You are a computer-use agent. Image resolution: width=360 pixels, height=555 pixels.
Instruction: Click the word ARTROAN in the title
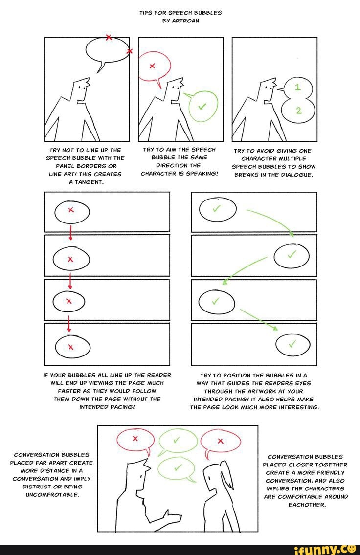point(186,21)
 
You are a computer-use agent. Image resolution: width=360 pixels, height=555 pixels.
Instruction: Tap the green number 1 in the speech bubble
point(298,88)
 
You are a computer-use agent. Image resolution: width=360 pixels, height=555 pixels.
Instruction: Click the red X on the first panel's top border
point(109,37)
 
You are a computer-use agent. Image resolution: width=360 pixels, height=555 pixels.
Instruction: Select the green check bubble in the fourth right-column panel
point(292,346)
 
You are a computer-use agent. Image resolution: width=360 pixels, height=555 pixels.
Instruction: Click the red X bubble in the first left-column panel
point(71,210)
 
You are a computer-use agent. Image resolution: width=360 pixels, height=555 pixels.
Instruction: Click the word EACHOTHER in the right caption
point(305,504)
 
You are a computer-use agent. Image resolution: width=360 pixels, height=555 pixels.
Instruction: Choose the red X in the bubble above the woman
point(220,441)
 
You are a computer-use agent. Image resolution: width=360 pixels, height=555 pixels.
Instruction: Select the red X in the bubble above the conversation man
point(136,439)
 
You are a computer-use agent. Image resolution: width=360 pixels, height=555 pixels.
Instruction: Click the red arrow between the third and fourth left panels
point(69,323)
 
